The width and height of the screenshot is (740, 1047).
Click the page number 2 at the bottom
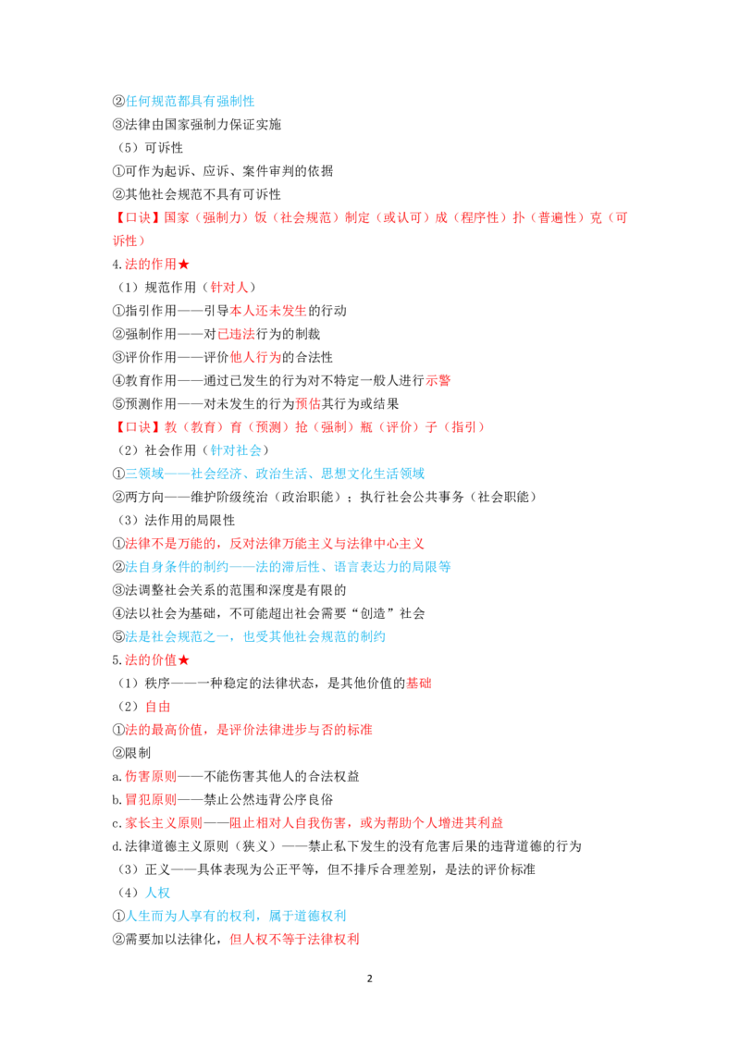pyautogui.click(x=369, y=979)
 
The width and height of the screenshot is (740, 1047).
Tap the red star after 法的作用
pyautogui.click(x=184, y=265)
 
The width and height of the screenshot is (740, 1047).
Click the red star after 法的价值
pyautogui.click(x=184, y=660)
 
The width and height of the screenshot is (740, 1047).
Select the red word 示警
pyautogui.click(x=438, y=381)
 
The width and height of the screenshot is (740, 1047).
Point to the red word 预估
pyautogui.click(x=308, y=404)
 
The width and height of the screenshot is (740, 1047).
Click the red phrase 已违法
pyautogui.click(x=237, y=334)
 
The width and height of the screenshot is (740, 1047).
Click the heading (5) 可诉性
pyautogui.click(x=149, y=148)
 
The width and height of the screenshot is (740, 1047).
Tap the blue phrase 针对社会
pyautogui.click(x=236, y=450)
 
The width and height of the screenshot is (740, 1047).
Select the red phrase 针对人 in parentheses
pyautogui.click(x=229, y=288)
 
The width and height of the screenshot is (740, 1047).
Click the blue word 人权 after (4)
pyautogui.click(x=157, y=893)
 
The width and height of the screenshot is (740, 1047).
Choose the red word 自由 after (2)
pyautogui.click(x=157, y=707)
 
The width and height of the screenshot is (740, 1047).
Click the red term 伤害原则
pyautogui.click(x=151, y=777)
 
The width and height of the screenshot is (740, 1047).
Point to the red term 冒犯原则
pyautogui.click(x=151, y=800)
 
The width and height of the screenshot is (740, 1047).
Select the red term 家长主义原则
pyautogui.click(x=164, y=823)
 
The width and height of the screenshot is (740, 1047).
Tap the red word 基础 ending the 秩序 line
pyautogui.click(x=419, y=684)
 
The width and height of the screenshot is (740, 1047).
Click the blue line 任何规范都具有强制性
pyautogui.click(x=190, y=102)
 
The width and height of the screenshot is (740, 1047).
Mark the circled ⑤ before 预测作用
pyautogui.click(x=118, y=404)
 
